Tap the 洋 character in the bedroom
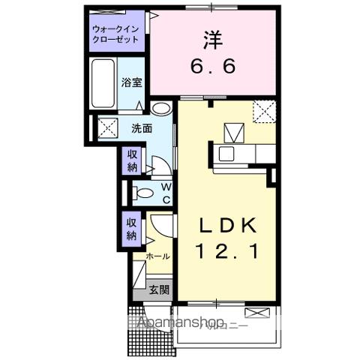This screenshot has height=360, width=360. [211, 37]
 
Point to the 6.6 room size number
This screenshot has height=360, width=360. [211, 66]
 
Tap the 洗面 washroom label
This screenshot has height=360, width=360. [142, 128]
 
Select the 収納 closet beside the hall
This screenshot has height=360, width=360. [131, 228]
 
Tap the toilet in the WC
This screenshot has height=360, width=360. [143, 194]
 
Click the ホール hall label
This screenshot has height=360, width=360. [157, 256]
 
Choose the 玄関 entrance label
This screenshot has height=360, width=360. [157, 289]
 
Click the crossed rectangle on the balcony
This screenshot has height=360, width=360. [256, 311]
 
